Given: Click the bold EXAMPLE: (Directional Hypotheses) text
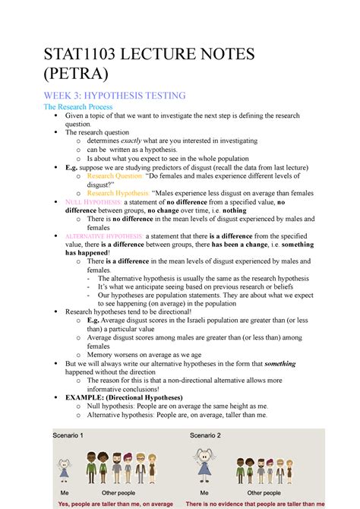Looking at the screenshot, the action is point(124,397).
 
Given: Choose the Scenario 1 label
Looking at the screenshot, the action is point(68,436).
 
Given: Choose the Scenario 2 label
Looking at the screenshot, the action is point(205,436).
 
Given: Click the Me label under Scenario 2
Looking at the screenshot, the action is point(204,492).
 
